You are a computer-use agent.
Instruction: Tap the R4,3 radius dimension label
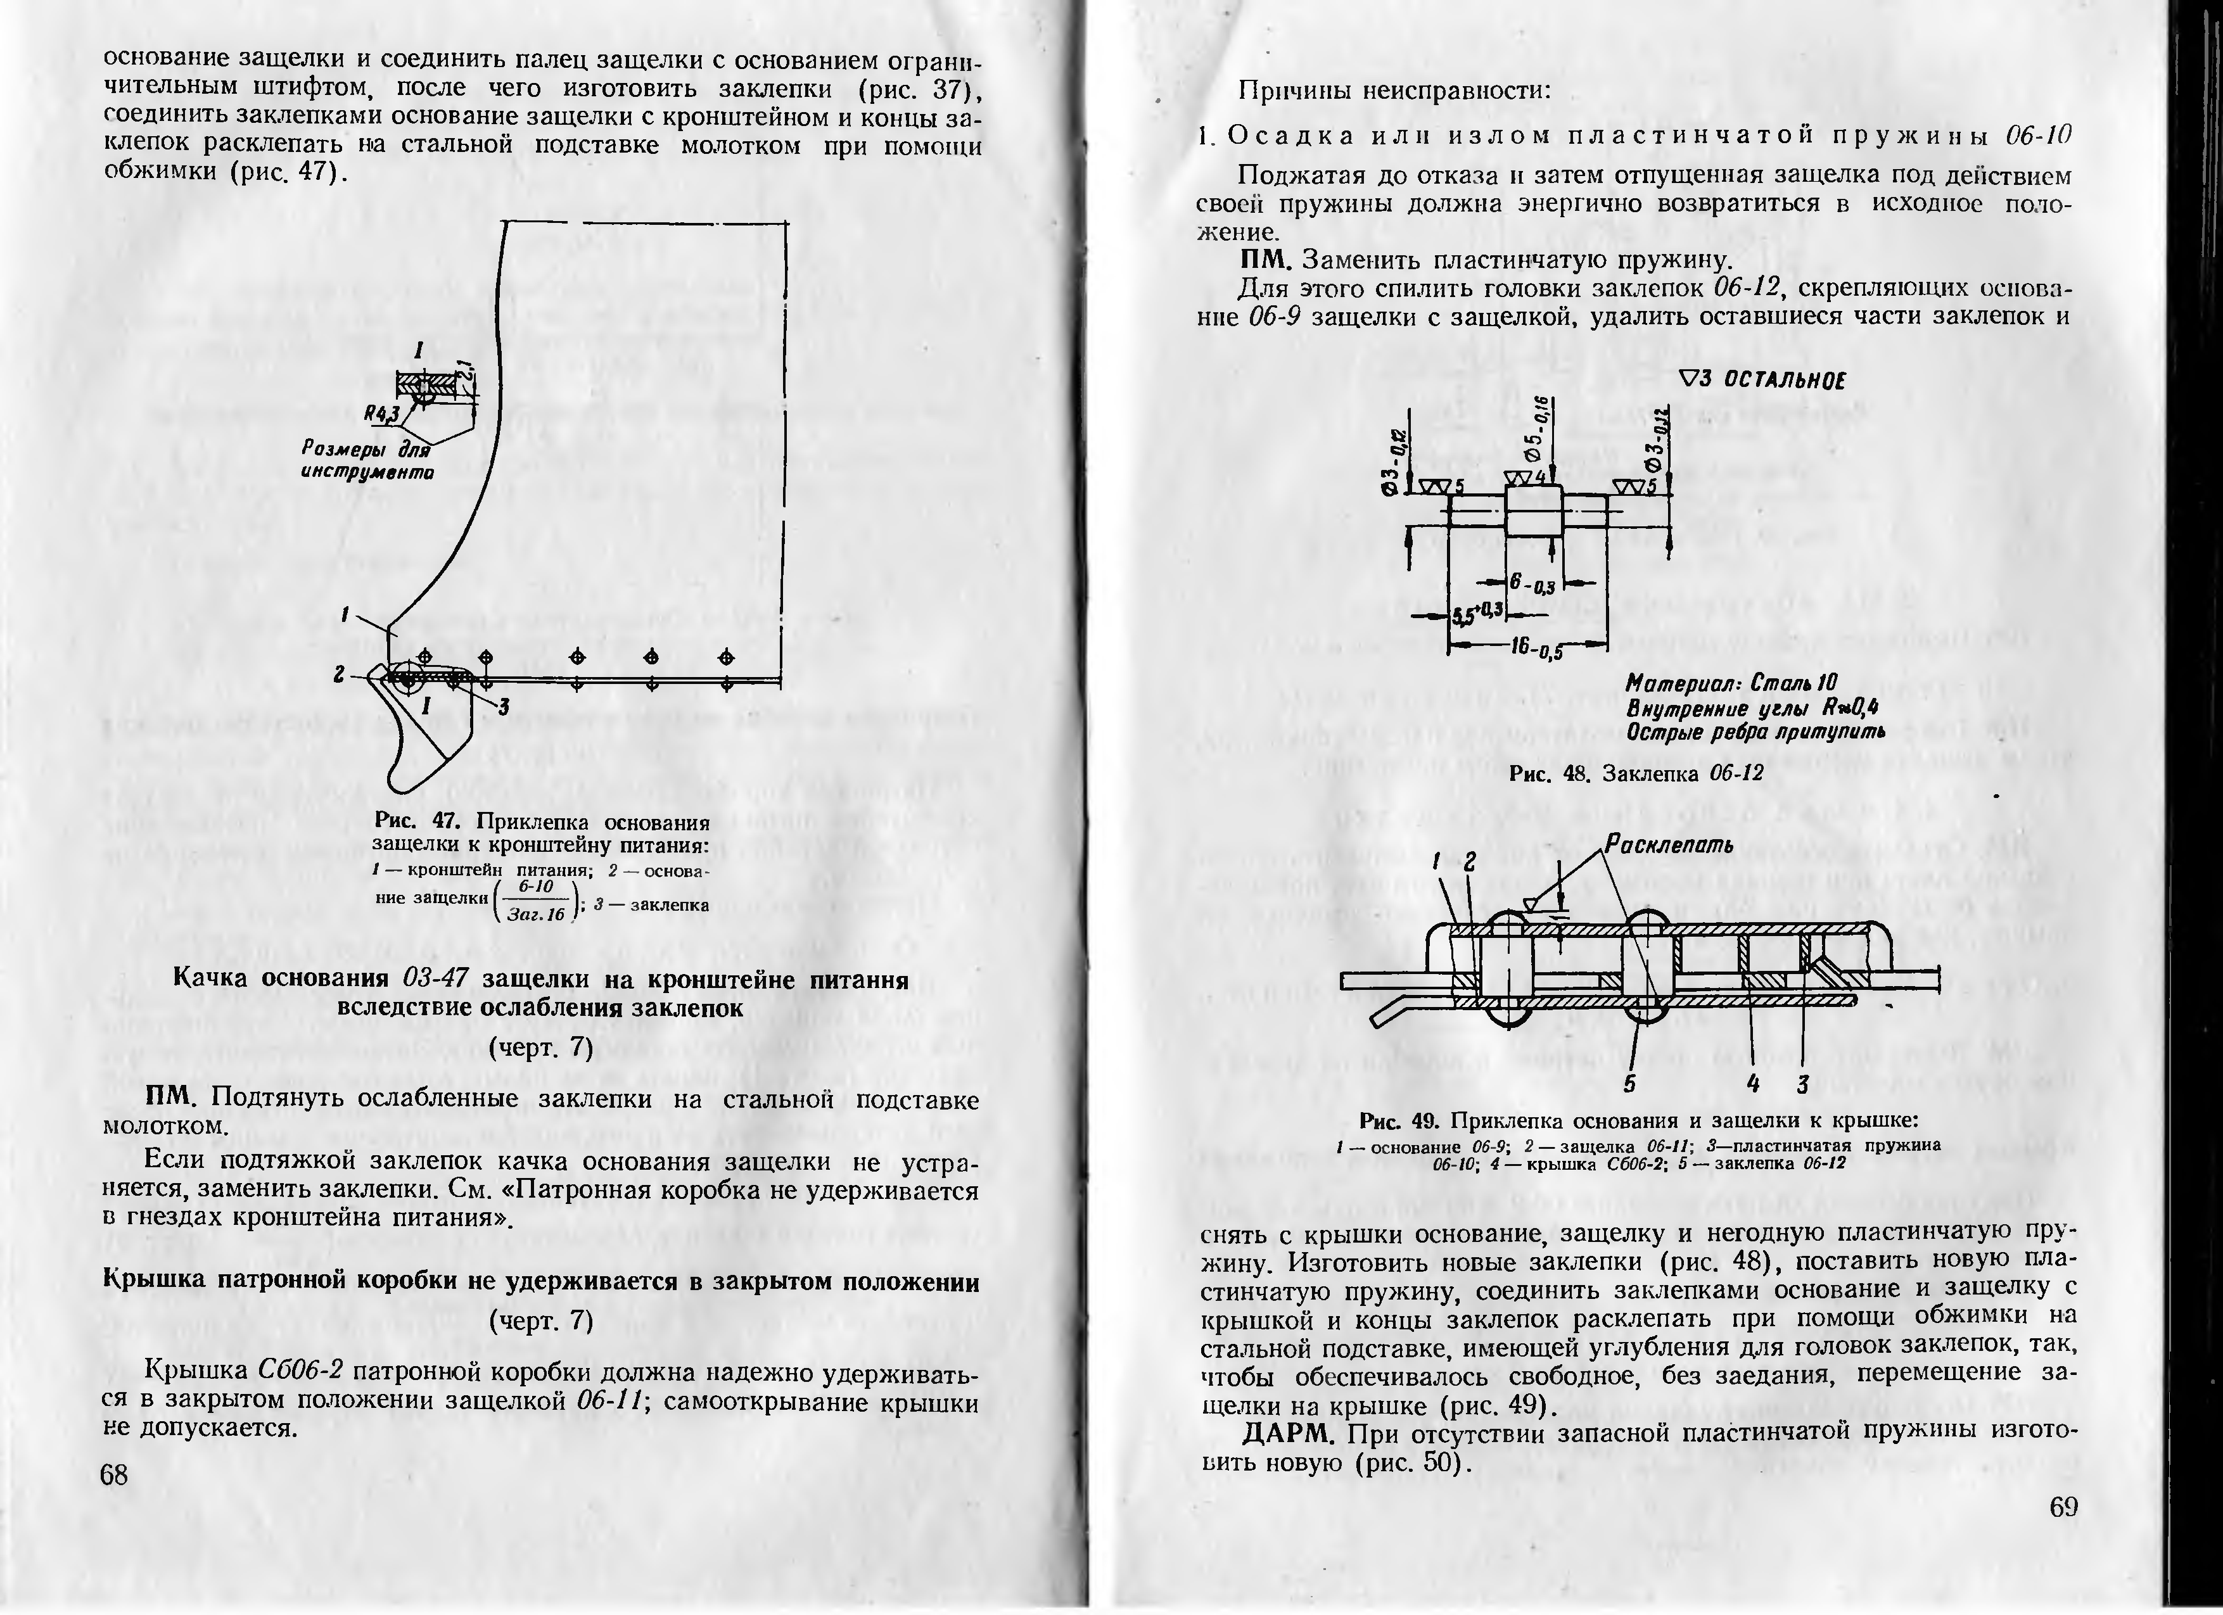tap(382, 414)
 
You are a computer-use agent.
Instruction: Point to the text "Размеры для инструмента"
tap(367, 460)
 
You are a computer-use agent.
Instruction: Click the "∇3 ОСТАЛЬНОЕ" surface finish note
tap(1761, 380)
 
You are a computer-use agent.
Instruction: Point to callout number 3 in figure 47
tap(503, 707)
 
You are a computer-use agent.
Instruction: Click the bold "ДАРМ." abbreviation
tap(1290, 1434)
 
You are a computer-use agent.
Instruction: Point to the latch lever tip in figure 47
tap(402, 779)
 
